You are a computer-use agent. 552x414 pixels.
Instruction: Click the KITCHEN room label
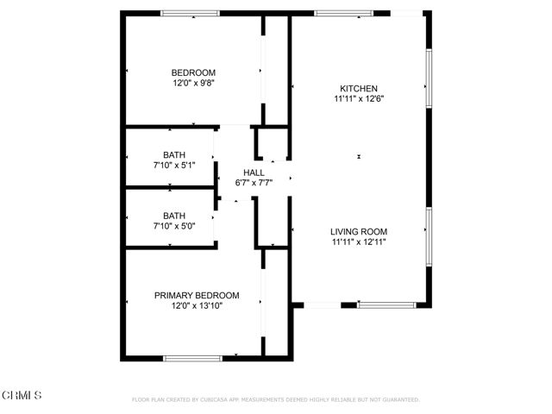coord(359,88)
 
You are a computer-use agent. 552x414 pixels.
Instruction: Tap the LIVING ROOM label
coord(359,231)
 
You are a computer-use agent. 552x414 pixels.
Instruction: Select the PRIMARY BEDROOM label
coord(197,295)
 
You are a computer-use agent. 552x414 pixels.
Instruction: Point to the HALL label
coord(254,172)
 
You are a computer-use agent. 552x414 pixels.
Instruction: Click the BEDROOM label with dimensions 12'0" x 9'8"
coord(193,72)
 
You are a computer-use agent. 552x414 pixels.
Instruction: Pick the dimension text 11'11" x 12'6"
coord(359,98)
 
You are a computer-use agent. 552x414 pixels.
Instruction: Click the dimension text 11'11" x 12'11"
coord(359,242)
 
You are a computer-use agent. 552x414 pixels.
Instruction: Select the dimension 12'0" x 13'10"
coord(197,305)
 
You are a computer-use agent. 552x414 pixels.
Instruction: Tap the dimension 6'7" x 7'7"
coord(254,183)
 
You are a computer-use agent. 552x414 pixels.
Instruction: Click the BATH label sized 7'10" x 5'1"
coord(174,155)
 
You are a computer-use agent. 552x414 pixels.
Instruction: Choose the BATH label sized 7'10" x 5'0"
coord(174,216)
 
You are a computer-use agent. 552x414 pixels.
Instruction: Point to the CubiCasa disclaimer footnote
coord(275,399)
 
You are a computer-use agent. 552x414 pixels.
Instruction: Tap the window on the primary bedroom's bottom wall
coord(193,357)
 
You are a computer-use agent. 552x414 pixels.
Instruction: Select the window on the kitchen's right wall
coord(428,78)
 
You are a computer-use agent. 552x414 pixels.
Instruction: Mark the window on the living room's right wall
coord(428,235)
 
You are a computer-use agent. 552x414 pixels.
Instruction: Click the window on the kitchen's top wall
coord(343,13)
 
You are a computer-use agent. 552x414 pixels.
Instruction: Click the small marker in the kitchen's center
coord(358,156)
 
